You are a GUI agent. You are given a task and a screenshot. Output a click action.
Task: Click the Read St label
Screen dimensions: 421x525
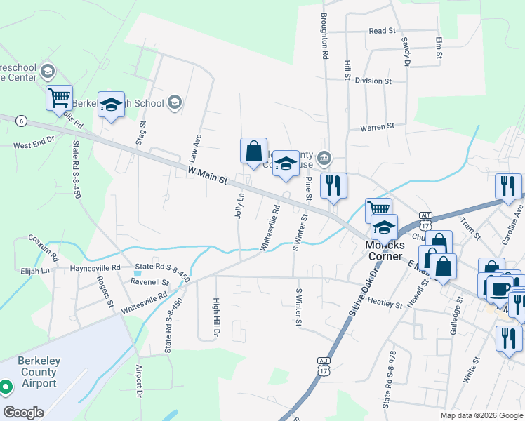(383, 31)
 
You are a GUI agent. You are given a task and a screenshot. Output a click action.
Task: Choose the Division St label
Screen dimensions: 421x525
(373, 81)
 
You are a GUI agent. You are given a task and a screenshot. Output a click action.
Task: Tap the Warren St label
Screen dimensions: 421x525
(377, 127)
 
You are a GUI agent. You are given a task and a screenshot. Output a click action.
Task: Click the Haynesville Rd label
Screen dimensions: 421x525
(95, 268)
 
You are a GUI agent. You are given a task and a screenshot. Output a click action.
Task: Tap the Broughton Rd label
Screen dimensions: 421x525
(325, 35)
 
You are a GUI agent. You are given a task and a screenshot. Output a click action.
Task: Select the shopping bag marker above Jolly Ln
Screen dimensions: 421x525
(253, 150)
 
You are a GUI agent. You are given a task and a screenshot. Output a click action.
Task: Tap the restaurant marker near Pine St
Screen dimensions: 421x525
(334, 185)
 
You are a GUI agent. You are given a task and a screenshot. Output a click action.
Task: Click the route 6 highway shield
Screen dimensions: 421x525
(22, 121)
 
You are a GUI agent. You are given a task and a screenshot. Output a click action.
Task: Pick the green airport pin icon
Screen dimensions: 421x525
(5, 387)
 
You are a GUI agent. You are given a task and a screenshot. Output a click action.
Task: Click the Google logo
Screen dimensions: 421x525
(23, 413)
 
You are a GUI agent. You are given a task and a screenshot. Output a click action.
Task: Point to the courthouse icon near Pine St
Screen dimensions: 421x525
(324, 156)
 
